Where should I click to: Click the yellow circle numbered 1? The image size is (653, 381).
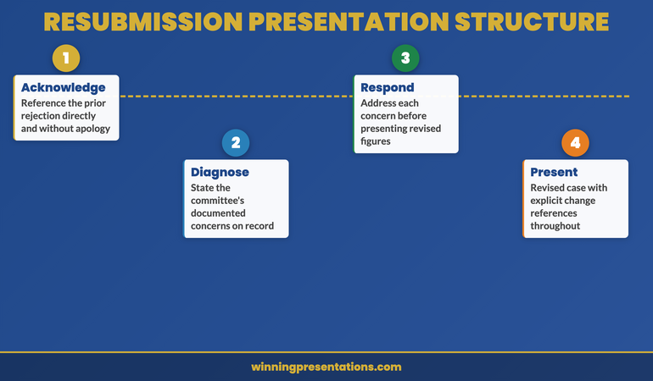66,58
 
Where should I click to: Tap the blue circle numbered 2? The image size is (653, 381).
236,143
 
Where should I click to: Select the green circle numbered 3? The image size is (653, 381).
405,58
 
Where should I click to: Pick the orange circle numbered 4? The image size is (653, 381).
575,143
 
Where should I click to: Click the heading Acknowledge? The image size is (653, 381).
64,87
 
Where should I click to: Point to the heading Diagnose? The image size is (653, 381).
220,172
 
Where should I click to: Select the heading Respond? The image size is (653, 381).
388,87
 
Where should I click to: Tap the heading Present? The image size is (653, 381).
554,172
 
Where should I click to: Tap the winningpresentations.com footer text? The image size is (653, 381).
326,367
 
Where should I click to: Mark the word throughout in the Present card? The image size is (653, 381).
555,226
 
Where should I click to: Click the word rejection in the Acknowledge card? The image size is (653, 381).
44,117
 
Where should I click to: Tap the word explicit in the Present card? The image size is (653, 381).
550,201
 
